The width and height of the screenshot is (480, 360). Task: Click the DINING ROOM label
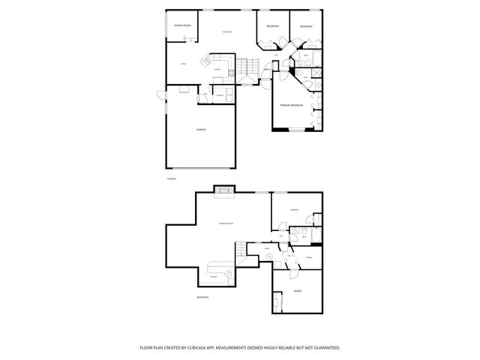click(x=182, y=25)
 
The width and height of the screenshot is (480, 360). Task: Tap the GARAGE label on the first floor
click(x=201, y=130)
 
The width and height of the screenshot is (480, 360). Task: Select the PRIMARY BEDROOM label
click(x=292, y=105)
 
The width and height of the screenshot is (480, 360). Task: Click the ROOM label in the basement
click(x=298, y=290)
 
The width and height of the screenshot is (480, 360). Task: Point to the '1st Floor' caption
click(x=172, y=178)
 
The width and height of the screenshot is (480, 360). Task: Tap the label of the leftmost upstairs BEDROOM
click(x=273, y=27)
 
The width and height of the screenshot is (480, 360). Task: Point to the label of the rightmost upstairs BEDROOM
click(x=306, y=27)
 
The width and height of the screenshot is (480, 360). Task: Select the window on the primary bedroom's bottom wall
click(x=298, y=130)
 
